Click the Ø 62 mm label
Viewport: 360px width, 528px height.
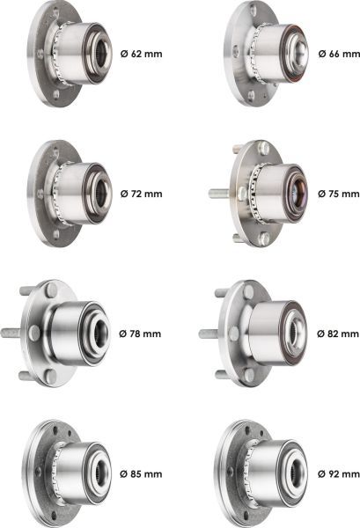[141, 54]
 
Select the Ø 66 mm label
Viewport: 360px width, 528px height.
[339, 54]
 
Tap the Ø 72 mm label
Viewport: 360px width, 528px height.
[141, 194]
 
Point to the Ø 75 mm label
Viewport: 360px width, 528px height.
[339, 194]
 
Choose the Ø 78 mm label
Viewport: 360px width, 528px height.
[140, 334]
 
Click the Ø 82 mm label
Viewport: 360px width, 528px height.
[338, 334]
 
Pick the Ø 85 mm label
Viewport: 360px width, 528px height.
[141, 474]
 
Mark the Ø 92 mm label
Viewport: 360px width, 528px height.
[339, 474]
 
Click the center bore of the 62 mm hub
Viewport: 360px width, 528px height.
[101, 53]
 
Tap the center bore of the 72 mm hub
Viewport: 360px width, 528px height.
[101, 193]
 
